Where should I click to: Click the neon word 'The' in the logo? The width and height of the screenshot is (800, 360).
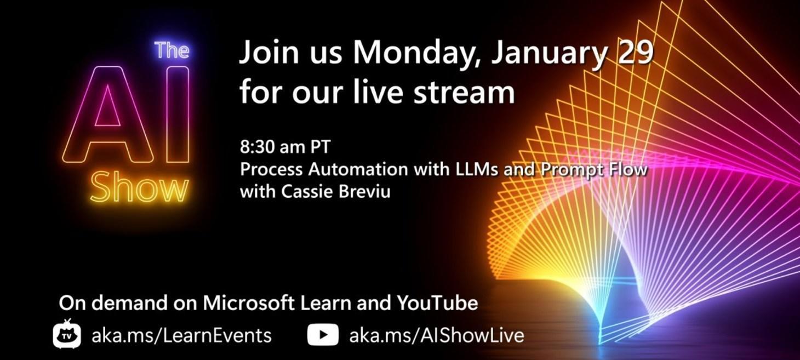(172, 50)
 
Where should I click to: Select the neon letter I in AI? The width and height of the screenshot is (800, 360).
(177, 115)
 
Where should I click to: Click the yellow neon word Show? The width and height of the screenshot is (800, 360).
(139, 187)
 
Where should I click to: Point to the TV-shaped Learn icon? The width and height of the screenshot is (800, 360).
(67, 334)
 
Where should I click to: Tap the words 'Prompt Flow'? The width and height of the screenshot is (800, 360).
(593, 169)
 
